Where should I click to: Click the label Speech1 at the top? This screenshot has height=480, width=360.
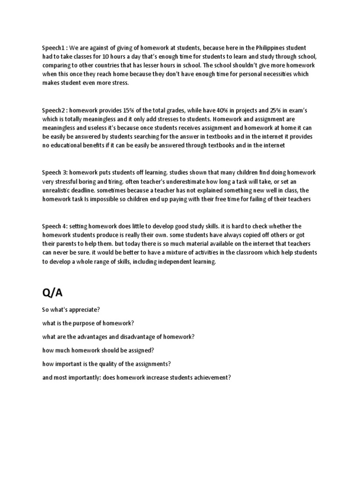click(54, 48)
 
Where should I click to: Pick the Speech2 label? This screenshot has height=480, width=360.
click(54, 110)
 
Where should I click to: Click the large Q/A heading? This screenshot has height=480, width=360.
click(52, 293)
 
